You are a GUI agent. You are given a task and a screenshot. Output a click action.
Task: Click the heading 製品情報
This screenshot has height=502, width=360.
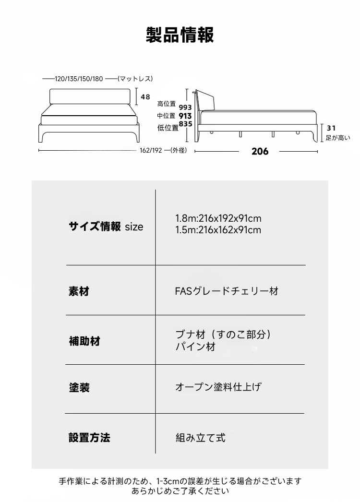pyautogui.click(x=180, y=35)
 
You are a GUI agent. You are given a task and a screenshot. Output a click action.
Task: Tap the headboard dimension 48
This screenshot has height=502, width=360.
pyautogui.click(x=145, y=96)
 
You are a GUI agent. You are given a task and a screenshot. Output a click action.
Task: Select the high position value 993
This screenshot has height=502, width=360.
pyautogui.click(x=185, y=107)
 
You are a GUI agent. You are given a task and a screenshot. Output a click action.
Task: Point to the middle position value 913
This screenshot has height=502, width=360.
pyautogui.click(x=185, y=116)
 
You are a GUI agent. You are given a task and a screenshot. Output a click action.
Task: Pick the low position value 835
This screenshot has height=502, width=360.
pyautogui.click(x=185, y=123)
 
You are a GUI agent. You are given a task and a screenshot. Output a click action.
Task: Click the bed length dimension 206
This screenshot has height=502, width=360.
pyautogui.click(x=260, y=152)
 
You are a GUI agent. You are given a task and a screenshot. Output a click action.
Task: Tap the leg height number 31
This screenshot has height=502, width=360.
pyautogui.click(x=331, y=128)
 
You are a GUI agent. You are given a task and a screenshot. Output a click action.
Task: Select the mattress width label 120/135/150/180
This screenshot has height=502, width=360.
pyautogui.click(x=79, y=79)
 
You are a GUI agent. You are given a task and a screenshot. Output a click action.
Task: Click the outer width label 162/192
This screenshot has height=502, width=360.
pyautogui.click(x=151, y=150)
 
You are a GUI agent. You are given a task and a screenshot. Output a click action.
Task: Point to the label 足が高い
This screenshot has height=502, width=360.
pyautogui.click(x=338, y=138)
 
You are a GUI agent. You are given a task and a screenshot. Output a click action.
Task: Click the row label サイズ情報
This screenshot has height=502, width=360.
pyautogui.click(x=95, y=227)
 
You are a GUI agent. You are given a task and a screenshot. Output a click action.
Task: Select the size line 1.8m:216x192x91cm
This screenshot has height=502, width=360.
pyautogui.click(x=218, y=218)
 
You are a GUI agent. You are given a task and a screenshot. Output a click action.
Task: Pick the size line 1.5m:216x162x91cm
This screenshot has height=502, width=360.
pyautogui.click(x=218, y=230)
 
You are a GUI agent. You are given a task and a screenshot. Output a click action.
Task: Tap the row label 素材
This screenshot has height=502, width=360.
pyautogui.click(x=79, y=291)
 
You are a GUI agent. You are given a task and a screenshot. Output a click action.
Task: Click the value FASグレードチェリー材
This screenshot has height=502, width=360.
pyautogui.click(x=227, y=291)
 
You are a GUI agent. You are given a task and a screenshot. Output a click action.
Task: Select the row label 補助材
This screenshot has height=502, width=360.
pyautogui.click(x=84, y=341)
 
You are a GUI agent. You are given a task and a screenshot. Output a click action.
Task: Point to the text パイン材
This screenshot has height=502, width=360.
pyautogui.click(x=195, y=347)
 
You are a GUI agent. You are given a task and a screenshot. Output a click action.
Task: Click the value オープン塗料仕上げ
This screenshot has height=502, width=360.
pyautogui.click(x=218, y=387)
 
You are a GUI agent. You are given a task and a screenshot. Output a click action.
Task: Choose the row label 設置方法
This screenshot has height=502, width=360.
pyautogui.click(x=89, y=437)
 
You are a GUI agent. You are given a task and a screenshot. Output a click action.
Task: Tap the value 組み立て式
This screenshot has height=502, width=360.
pyautogui.click(x=201, y=437)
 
